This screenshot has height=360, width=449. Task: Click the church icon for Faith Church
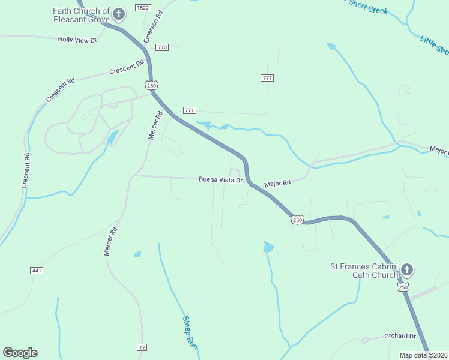[119, 14]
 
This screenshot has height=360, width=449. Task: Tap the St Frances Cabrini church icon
[407, 269]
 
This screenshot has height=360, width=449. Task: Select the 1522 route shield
[143, 7]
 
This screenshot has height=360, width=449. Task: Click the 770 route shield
[161, 47]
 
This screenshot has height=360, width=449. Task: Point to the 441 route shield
[37, 271]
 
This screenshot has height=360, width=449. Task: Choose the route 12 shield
[142, 347]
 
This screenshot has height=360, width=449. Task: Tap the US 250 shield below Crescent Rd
[151, 85]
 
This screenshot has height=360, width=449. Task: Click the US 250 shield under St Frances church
[402, 287]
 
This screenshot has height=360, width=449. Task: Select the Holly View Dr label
[77, 40]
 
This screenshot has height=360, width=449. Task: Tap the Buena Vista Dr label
[220, 179]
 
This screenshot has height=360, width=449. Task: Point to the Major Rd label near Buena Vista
[277, 182]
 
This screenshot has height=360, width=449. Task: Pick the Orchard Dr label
[400, 336]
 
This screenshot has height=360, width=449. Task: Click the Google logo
[20, 353]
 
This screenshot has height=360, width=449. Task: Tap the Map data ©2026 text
[424, 355]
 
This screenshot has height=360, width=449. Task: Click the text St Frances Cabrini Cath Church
[364, 271]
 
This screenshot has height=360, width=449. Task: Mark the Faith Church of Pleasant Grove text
[82, 15]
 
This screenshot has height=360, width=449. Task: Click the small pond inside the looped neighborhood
[112, 138]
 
